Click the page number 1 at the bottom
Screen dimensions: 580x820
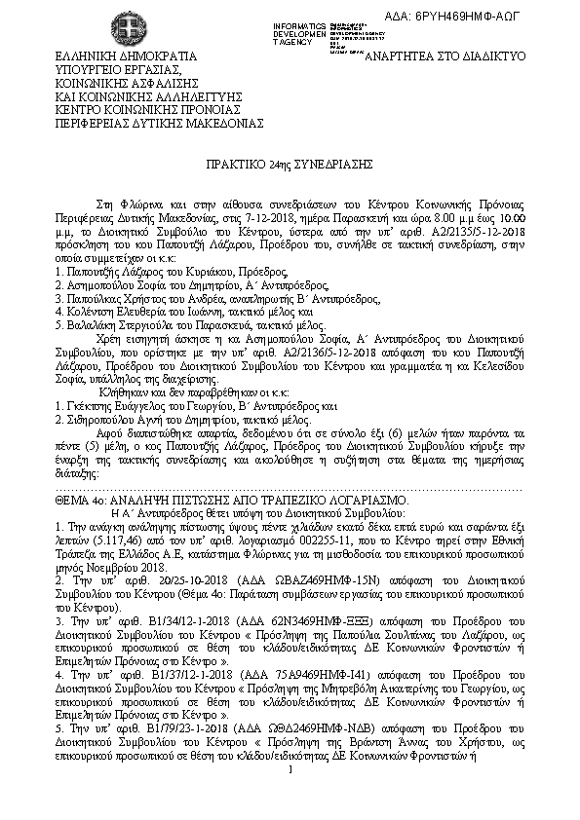tap(291, 800)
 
